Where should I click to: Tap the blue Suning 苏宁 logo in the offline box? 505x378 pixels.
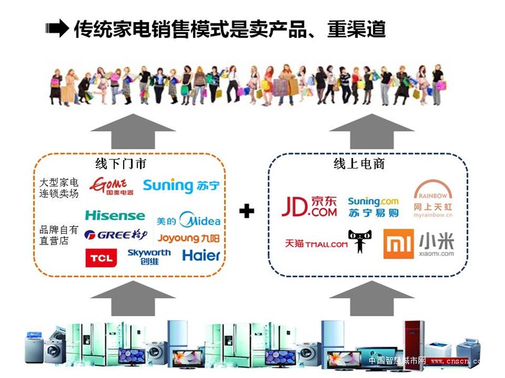coord(181,185)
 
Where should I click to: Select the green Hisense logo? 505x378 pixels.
coord(115,215)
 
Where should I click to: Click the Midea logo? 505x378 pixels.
coord(189,220)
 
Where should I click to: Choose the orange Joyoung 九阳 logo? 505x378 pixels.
coord(189,239)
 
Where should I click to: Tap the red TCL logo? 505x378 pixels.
coord(100,258)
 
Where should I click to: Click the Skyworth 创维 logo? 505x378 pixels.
coord(149,256)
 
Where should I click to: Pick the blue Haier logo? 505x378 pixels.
coord(201,255)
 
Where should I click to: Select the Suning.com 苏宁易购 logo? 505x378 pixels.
coord(374,206)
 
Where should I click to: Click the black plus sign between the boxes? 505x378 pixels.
coord(247,211)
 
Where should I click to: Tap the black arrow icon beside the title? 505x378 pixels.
coord(57,29)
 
